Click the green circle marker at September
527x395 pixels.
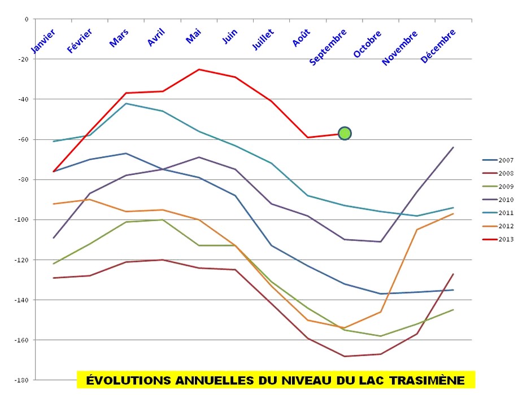[345, 133]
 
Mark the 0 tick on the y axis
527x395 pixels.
[26, 19]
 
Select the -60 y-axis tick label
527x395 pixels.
[23, 139]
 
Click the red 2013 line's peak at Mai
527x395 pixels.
[199, 69]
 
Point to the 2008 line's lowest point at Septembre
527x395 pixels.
[344, 356]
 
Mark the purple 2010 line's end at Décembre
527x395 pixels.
[453, 147]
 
